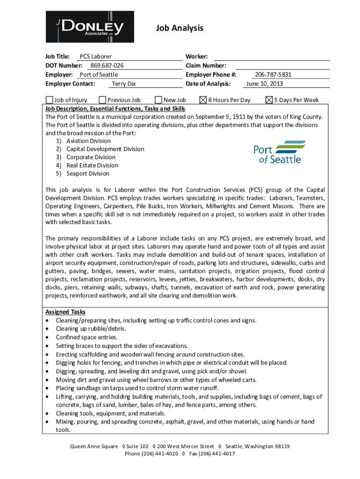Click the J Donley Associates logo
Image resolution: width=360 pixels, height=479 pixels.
click(89, 27)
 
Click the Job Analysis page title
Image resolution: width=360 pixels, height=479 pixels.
click(180, 28)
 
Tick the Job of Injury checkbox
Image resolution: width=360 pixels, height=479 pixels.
click(50, 100)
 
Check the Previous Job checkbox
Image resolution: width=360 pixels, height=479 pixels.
click(102, 100)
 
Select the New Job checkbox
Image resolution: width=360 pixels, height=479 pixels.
click(158, 100)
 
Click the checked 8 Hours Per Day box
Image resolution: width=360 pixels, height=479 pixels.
click(203, 100)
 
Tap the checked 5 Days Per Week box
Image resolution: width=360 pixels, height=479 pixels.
click(269, 100)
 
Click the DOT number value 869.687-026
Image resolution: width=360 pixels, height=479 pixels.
click(107, 65)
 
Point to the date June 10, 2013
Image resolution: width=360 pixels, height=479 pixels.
click(264, 84)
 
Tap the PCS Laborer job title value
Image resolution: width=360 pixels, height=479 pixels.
click(95, 57)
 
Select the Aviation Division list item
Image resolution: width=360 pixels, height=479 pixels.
click(88, 141)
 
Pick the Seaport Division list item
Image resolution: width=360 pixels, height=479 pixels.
click(87, 174)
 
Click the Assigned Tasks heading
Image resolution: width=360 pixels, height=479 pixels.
click(65, 312)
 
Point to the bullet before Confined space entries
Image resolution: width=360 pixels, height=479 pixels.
click(48, 337)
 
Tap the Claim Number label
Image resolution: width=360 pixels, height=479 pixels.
click(206, 65)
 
